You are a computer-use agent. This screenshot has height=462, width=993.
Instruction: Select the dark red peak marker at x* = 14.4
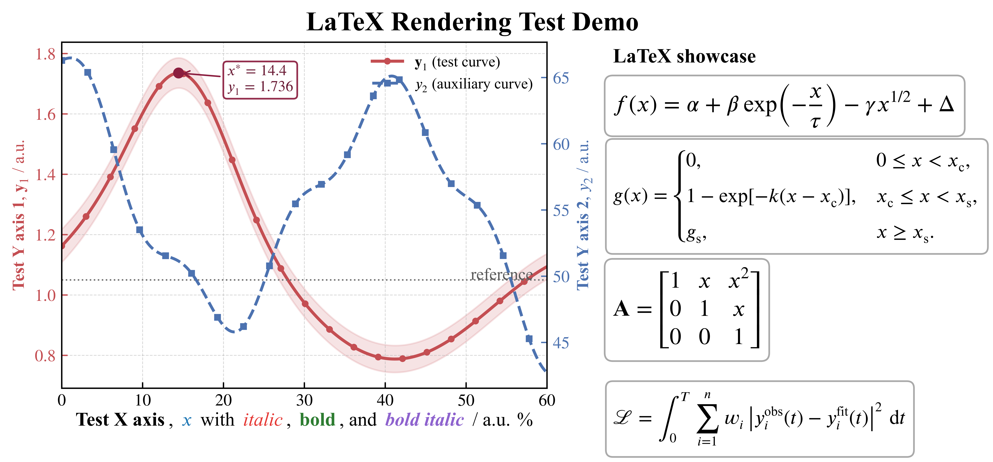click(178, 73)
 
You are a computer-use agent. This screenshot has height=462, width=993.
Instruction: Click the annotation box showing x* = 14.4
click(261, 80)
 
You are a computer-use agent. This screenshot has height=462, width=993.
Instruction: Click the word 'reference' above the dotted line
click(502, 275)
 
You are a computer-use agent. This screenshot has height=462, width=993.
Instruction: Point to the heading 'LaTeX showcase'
click(684, 56)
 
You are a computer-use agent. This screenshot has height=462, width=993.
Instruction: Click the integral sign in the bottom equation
click(669, 418)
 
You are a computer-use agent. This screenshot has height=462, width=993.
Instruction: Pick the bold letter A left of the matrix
click(621, 309)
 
